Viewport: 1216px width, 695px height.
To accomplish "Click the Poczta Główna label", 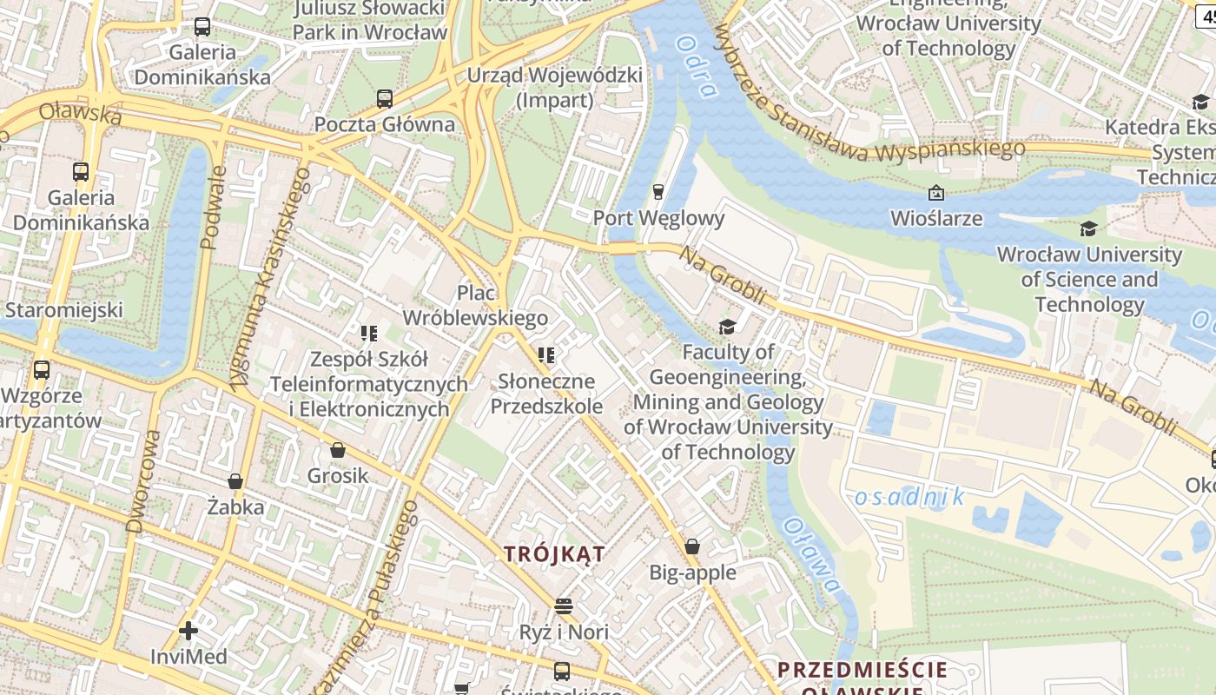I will [x=384, y=124].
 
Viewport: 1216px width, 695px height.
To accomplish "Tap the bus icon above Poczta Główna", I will [x=385, y=98].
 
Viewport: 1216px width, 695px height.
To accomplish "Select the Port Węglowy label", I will [x=658, y=217].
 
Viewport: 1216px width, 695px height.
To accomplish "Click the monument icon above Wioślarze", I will [x=936, y=192].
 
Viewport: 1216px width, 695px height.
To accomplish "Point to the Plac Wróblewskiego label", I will [x=475, y=305].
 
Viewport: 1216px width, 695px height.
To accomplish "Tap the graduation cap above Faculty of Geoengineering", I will [x=727, y=327].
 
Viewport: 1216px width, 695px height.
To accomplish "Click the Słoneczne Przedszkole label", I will [x=546, y=394].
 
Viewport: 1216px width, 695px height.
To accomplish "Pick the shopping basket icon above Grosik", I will [x=338, y=450].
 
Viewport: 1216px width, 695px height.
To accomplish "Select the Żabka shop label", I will [x=235, y=506].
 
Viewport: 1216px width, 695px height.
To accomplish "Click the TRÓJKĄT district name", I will [x=555, y=553].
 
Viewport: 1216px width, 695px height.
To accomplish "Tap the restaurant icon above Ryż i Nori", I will [x=564, y=606].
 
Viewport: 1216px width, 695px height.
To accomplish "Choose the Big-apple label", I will [x=692, y=573].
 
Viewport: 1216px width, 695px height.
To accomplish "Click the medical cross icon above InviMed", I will [x=188, y=630].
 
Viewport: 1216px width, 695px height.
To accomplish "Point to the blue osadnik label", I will [x=909, y=497].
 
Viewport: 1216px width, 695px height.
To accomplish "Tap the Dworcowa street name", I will [x=144, y=480].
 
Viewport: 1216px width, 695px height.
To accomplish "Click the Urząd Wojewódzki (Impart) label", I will [x=555, y=87].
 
